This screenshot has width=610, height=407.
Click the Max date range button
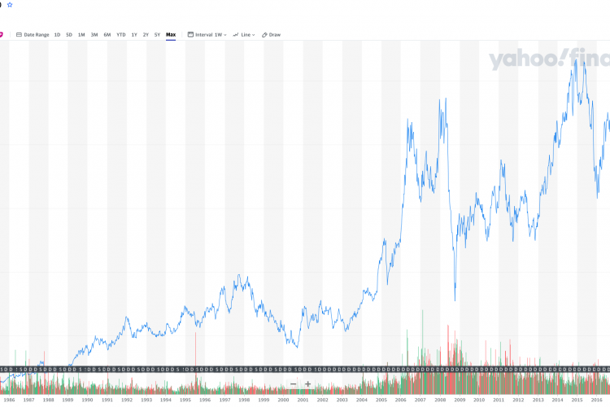pos(171,35)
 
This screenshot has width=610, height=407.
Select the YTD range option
pos(120,35)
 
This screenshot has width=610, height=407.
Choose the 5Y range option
pos(158,35)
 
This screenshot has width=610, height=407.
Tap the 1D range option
pos(57,35)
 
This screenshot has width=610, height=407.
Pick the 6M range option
pos(107,35)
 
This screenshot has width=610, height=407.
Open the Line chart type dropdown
pos(244,35)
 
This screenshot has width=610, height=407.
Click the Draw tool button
pos(272,35)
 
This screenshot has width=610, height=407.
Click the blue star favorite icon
pos(10,4)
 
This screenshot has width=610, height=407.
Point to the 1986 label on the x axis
pos(9,400)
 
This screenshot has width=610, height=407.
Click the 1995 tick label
pos(185,400)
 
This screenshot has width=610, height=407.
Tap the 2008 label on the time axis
pos(440,400)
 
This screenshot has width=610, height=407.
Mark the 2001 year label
pos(303,400)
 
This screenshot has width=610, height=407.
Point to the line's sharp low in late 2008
pos(455,300)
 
